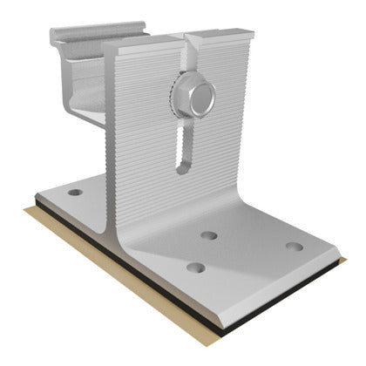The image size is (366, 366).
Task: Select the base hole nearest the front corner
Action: pyautogui.click(x=195, y=267)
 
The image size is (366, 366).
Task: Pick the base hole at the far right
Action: pyautogui.click(x=295, y=246)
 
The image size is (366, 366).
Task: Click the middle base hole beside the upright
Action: pyautogui.click(x=208, y=234)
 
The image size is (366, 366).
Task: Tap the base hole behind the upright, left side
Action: pyautogui.click(x=76, y=192)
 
